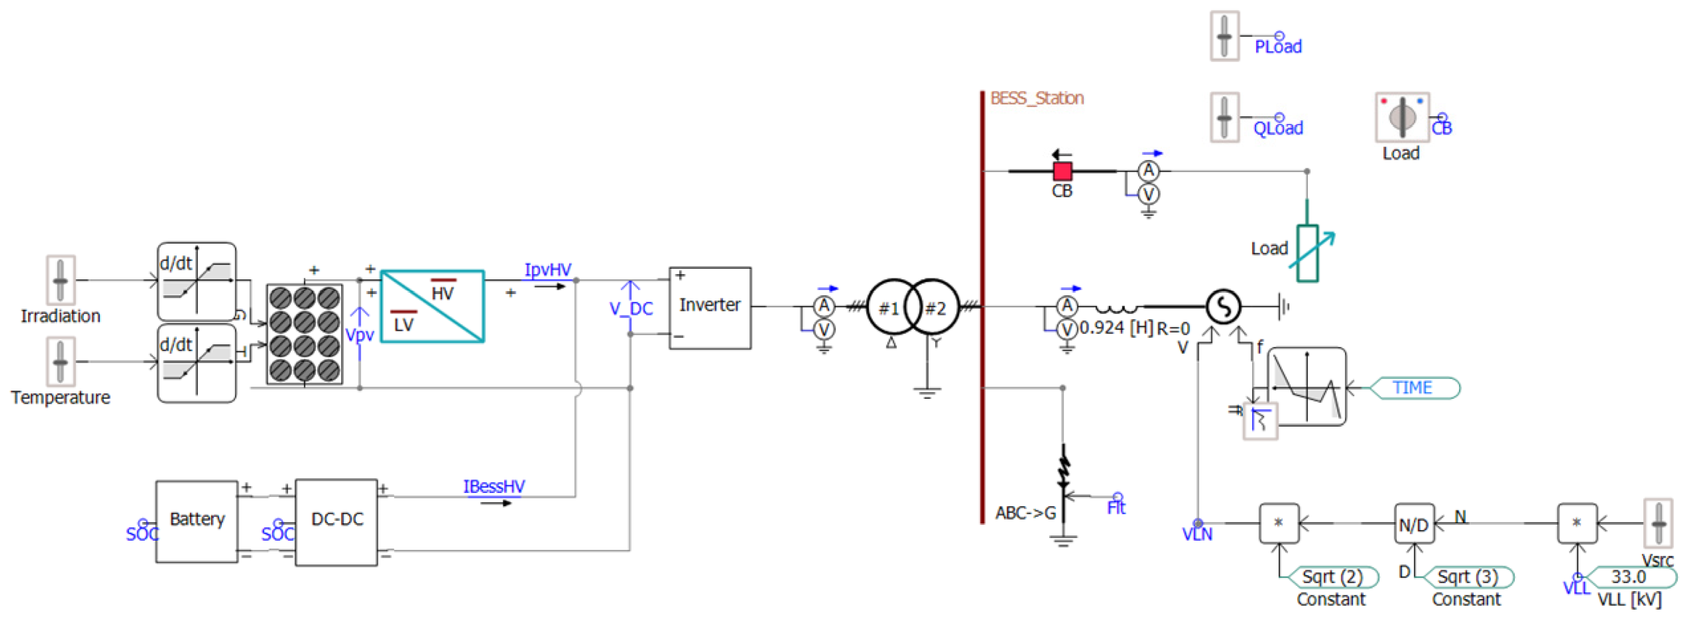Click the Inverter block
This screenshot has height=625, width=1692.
point(709,307)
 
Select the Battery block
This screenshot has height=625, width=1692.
point(196,521)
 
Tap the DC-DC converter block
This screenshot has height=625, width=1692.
point(336,521)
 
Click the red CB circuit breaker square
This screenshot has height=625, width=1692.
point(1062,171)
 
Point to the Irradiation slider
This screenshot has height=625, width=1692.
point(60,280)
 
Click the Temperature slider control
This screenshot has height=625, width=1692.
point(60,362)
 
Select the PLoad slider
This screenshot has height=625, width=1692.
point(1224,36)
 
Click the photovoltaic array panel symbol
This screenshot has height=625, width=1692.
point(304,334)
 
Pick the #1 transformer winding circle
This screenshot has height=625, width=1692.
point(889,307)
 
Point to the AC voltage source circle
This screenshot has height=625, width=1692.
point(1223,306)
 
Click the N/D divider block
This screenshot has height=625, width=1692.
point(1414,524)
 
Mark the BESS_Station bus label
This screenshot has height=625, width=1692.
point(1036,99)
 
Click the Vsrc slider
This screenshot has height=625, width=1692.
point(1658,523)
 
